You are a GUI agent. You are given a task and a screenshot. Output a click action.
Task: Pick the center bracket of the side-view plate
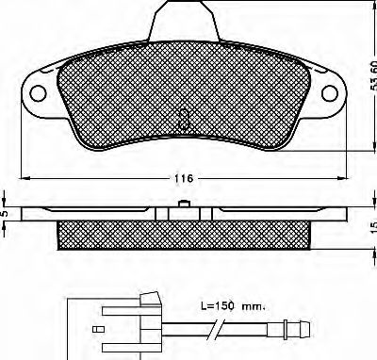[x=182, y=213]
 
